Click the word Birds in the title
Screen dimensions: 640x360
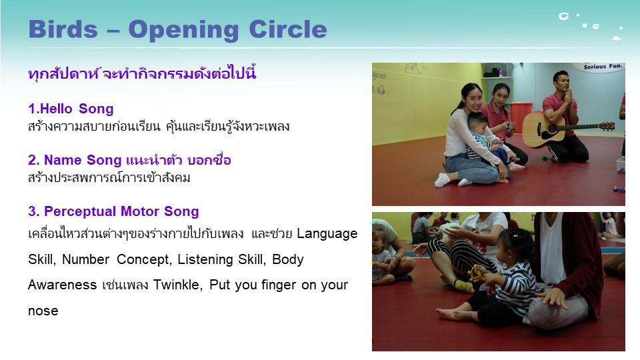point(63,29)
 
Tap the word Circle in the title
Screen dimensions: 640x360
point(288,29)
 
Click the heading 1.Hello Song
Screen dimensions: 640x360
point(71,109)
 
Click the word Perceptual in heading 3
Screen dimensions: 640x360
point(80,211)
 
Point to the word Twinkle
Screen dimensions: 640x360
point(177,285)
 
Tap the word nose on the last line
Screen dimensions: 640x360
point(43,311)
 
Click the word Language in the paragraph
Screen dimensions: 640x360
point(327,234)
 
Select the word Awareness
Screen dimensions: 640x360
point(62,285)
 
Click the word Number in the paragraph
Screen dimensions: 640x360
point(85,259)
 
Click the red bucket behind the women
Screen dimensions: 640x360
point(521,116)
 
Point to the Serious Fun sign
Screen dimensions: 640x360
point(603,67)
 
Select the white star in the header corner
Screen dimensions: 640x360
point(616,39)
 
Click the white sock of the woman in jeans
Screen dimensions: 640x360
point(442,179)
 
